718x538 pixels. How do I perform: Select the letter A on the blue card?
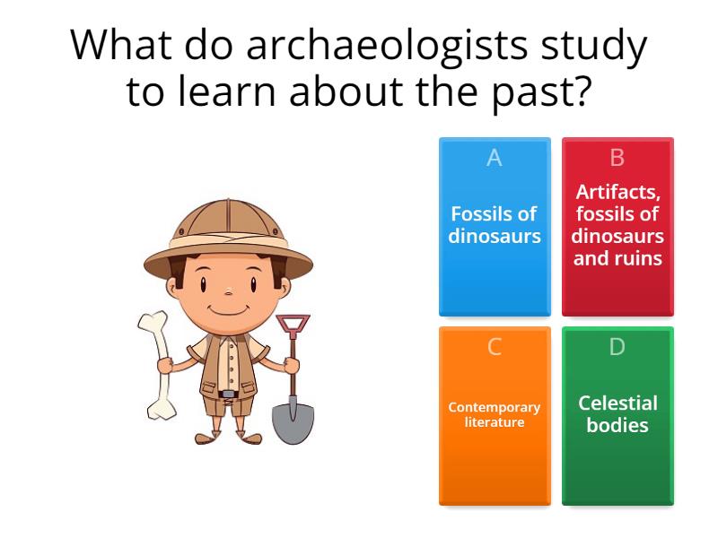(x=495, y=158)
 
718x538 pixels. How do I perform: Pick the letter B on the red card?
(x=617, y=158)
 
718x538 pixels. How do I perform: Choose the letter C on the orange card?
(x=495, y=347)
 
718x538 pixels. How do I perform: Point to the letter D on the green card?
(x=617, y=347)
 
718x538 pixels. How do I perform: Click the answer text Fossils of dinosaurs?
(x=495, y=225)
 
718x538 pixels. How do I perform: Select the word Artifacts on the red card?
(x=617, y=192)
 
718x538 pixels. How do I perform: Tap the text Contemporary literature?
(x=495, y=414)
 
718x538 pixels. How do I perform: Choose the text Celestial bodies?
(x=617, y=413)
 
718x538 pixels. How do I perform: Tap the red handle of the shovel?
(x=293, y=324)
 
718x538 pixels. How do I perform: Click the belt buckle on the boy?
(x=229, y=394)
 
